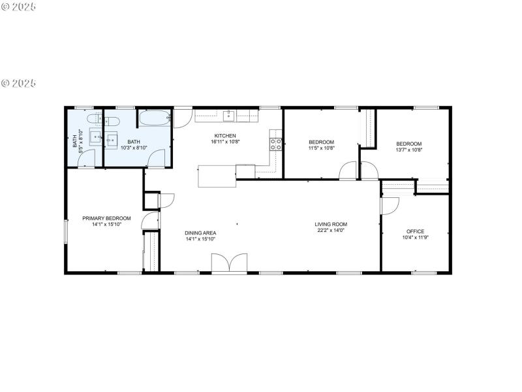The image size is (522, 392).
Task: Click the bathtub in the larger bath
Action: tap(155, 120)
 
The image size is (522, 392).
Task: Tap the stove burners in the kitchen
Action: tap(276, 144)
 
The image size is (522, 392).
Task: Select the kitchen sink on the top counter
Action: tap(229, 116)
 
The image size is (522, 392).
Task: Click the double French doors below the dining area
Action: tap(229, 263)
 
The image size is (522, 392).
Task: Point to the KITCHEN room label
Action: tap(225, 135)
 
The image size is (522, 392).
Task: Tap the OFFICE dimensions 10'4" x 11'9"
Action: tap(415, 238)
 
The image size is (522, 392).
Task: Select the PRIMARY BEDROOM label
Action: tap(106, 218)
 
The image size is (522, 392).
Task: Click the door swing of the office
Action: tap(390, 205)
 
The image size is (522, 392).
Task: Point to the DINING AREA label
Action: tap(200, 233)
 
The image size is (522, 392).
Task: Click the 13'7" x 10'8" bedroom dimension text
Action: tap(409, 150)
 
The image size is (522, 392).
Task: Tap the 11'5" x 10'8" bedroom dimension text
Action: tap(321, 148)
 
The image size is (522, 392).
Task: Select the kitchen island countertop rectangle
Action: tap(217, 176)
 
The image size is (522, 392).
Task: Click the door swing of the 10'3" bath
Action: tap(157, 159)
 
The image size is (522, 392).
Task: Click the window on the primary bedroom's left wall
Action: tap(65, 233)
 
